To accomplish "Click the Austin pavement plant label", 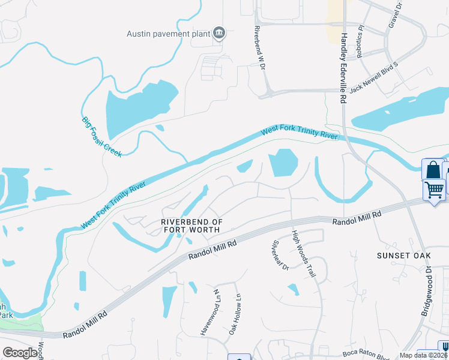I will point(169,34).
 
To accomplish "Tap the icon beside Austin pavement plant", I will point(219,34).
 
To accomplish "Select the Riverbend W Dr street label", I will point(259,49).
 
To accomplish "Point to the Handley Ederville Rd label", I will point(344,69).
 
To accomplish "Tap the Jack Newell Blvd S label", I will point(374,76).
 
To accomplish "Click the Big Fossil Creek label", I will point(101,137).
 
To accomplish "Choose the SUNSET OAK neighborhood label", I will point(404,256).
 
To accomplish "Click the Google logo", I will point(20,353).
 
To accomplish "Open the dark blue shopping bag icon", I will point(432,170).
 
